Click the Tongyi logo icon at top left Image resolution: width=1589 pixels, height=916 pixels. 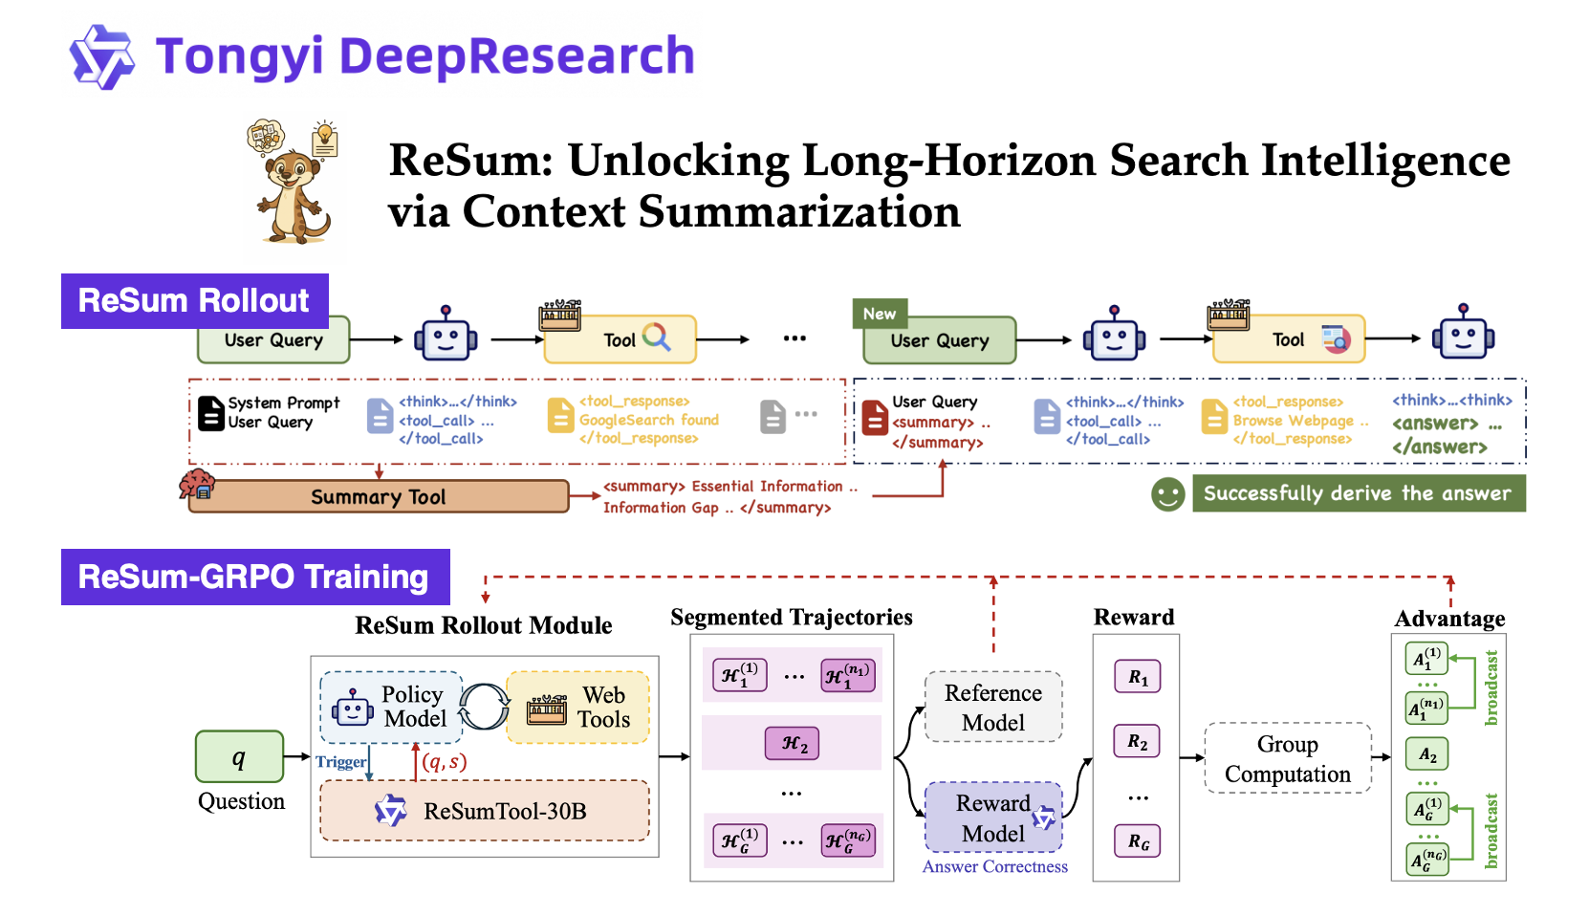click(101, 57)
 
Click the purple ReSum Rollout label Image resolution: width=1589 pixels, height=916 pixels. click(194, 301)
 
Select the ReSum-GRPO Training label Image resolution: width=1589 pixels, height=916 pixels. click(254, 577)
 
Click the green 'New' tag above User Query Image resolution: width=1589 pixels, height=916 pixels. click(879, 314)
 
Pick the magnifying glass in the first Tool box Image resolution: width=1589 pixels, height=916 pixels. click(657, 338)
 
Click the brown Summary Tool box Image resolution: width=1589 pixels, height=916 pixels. click(379, 497)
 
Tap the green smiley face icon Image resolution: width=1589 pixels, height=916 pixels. click(1167, 494)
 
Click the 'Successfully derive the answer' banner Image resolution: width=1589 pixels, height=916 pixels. click(1358, 493)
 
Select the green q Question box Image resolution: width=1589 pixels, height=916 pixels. click(239, 757)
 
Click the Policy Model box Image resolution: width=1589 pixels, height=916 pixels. click(391, 708)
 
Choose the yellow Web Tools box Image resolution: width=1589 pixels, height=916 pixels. click(578, 708)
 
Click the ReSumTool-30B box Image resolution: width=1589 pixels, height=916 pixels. click(485, 811)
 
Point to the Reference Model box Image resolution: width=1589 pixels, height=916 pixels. click(993, 708)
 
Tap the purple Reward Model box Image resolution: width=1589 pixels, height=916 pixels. click(993, 818)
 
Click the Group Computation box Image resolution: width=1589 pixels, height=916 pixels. click(1288, 759)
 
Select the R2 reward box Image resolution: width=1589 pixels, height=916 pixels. click(1137, 742)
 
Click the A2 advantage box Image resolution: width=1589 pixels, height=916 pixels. click(1426, 754)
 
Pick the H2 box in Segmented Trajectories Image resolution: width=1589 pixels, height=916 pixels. click(793, 744)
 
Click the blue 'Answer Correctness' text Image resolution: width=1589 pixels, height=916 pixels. click(994, 867)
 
